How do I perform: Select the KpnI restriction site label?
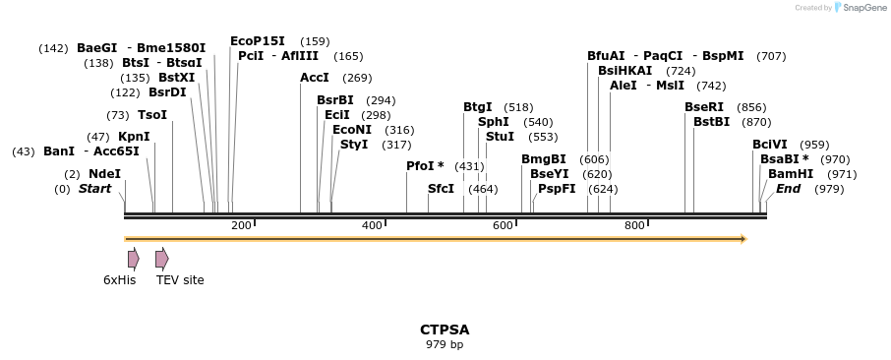click(134, 137)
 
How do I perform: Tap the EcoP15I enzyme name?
click(258, 41)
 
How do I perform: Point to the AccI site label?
click(315, 78)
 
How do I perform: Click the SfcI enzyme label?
click(441, 189)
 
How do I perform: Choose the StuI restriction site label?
click(500, 137)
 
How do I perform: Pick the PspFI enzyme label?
click(557, 189)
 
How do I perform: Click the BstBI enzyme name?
click(711, 122)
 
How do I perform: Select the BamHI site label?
click(791, 174)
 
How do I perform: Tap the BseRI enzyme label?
click(704, 107)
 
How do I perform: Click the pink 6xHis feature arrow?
click(133, 259)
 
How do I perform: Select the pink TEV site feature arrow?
click(161, 259)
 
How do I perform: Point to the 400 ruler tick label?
click(372, 226)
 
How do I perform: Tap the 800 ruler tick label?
click(634, 226)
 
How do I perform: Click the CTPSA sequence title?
click(445, 330)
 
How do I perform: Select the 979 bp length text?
click(445, 345)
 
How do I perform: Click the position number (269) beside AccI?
click(357, 78)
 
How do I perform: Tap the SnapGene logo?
click(857, 8)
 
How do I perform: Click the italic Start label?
click(95, 189)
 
